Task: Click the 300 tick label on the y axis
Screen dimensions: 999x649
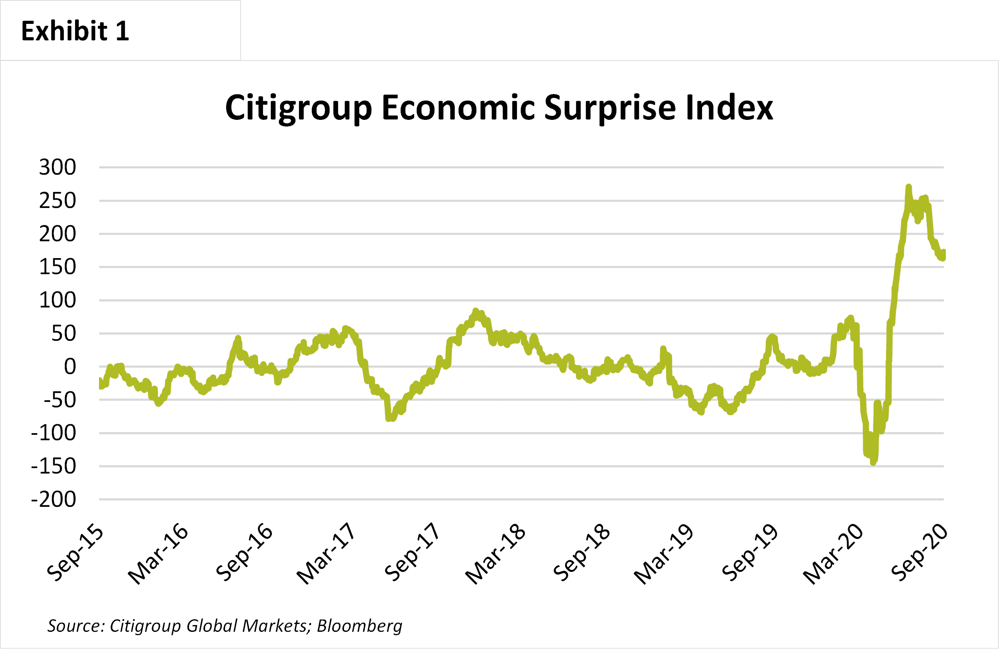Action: click(x=58, y=167)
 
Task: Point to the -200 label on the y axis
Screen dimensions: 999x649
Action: click(x=54, y=499)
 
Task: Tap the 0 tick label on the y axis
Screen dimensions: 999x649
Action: click(x=70, y=367)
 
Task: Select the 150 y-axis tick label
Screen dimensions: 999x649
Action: click(x=58, y=267)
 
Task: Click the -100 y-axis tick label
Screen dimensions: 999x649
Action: click(x=54, y=433)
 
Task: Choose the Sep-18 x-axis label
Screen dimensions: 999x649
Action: click(x=582, y=553)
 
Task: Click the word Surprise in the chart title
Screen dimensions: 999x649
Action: click(x=610, y=108)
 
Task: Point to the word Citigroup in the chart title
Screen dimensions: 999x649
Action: click(x=299, y=108)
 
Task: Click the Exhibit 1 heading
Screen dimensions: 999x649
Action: click(x=75, y=31)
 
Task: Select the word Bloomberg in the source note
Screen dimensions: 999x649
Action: click(x=360, y=626)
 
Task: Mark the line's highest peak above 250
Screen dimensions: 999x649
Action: click(x=908, y=186)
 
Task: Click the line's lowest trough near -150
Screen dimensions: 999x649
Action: click(x=873, y=463)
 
